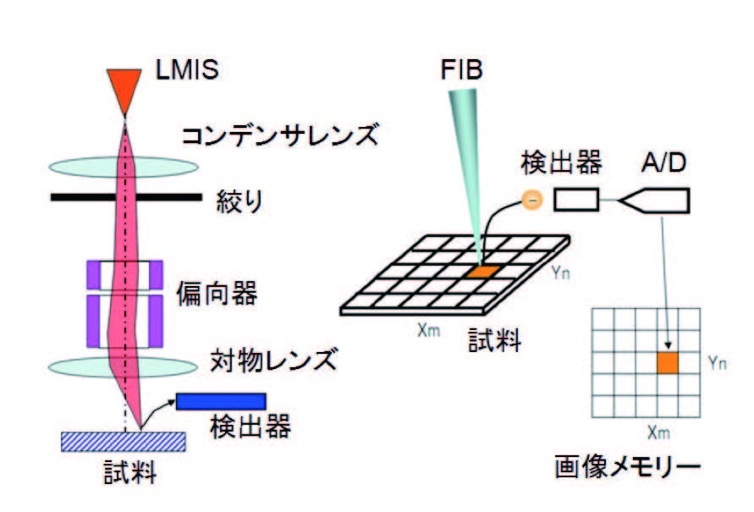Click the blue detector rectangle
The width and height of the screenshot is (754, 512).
pyautogui.click(x=221, y=400)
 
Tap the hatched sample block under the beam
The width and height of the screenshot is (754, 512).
pyautogui.click(x=124, y=441)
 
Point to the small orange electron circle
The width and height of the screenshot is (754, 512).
pyautogui.click(x=531, y=200)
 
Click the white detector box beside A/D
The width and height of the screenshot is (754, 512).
pyautogui.click(x=577, y=200)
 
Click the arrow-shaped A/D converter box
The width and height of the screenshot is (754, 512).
pyautogui.click(x=655, y=201)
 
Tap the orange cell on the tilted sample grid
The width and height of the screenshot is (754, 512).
pyautogui.click(x=481, y=271)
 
